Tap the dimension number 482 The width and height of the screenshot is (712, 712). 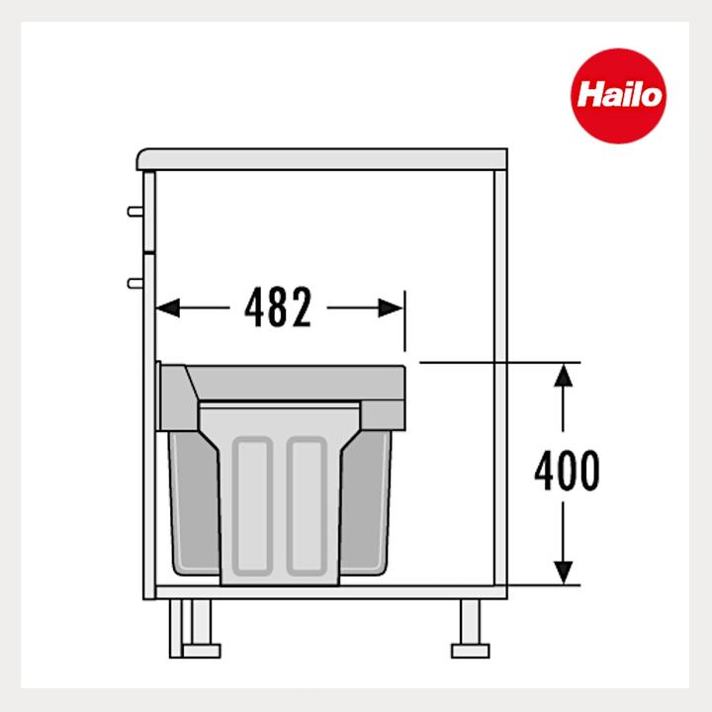pyautogui.click(x=278, y=309)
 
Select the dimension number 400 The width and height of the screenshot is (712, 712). pyautogui.click(x=566, y=473)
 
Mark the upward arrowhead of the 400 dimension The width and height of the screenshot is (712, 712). pyautogui.click(x=563, y=376)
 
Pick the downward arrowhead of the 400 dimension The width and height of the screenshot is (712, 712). pyautogui.click(x=563, y=571)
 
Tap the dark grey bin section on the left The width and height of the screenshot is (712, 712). pyautogui.click(x=194, y=504)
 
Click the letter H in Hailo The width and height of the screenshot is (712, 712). pyautogui.click(x=587, y=97)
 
